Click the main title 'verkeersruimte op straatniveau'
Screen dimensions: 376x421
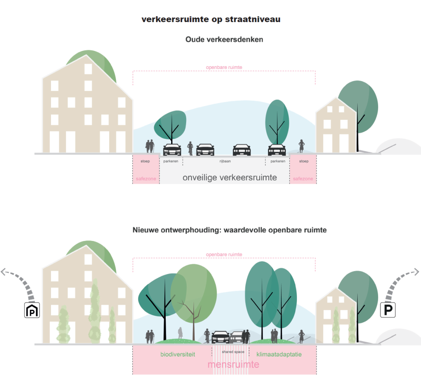[211, 20]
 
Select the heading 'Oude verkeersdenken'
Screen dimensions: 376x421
[224, 40]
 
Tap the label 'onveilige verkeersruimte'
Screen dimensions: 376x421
[229, 178]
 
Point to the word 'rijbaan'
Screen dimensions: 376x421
[224, 161]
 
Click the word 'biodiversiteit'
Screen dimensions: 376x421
[178, 354]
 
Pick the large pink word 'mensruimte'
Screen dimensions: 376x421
[233, 365]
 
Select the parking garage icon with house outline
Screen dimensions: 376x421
[32, 311]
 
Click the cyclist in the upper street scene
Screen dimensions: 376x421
[191, 148]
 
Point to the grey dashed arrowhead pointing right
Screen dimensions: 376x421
[416, 272]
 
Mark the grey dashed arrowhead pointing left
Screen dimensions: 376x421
[4, 272]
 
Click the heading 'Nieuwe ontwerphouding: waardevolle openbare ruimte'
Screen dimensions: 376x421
[229, 230]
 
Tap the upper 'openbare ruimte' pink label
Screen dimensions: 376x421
[224, 67]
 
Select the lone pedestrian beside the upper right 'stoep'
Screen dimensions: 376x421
[302, 146]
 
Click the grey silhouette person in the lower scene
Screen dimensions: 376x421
[180, 333]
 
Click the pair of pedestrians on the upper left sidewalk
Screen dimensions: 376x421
[150, 147]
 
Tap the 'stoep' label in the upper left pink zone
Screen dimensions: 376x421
[146, 161]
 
